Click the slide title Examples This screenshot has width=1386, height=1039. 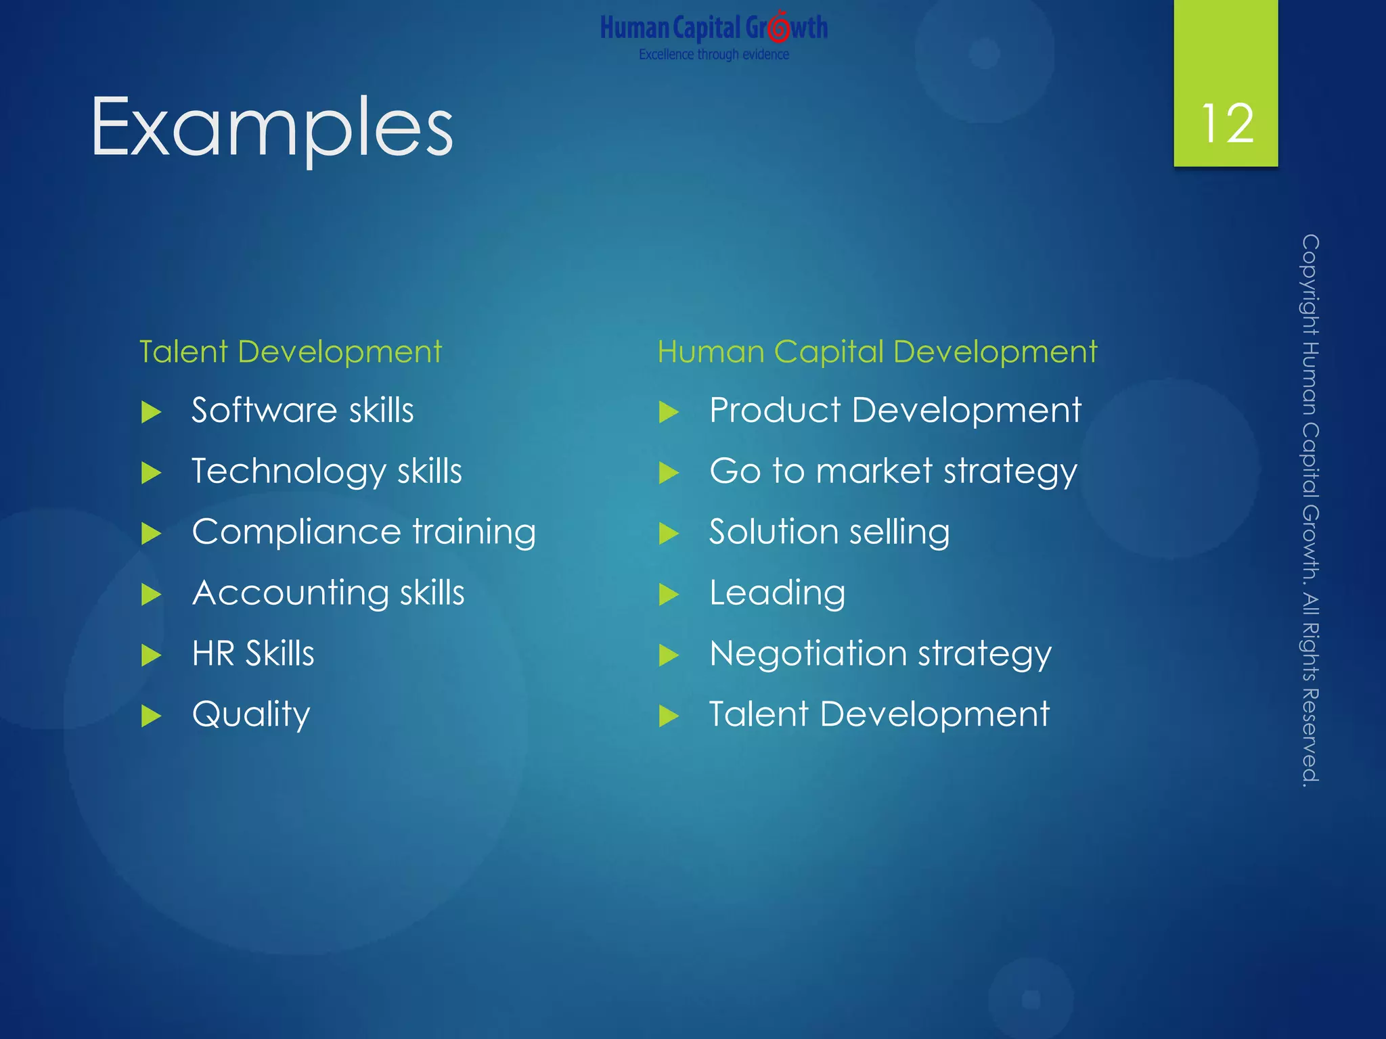pos(271,127)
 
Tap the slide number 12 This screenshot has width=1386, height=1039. pos(1226,124)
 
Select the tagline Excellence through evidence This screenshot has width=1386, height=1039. pos(713,55)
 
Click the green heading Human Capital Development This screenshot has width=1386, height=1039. pos(876,352)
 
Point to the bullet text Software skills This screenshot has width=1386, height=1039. pos(303,411)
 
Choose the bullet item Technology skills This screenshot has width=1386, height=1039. pos(326,471)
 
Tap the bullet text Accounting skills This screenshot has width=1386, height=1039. pos(328,593)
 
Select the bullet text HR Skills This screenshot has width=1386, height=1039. pos(252,654)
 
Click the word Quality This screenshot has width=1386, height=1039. pos(251,715)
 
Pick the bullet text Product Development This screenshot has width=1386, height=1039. pos(895,411)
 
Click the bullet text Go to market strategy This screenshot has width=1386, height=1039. pos(893,471)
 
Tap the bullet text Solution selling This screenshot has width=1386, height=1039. pos(829,532)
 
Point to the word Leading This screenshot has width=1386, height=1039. pos(777,593)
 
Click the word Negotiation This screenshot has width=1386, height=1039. pos(807,654)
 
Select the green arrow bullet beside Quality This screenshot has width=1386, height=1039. pos(151,716)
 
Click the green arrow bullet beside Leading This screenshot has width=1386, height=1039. pos(669,595)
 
